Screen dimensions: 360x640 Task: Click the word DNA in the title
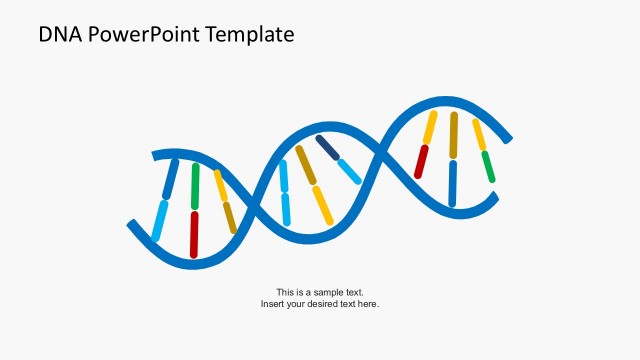pos(59,35)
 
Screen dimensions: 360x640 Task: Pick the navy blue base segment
pos(327,147)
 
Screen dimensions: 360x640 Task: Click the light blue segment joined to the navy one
pos(349,171)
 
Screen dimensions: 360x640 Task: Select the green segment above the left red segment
pos(195,185)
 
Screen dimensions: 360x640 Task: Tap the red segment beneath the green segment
pos(194,234)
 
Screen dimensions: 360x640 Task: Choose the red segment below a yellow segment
pos(421,162)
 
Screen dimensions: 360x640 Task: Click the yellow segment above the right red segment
pos(430,127)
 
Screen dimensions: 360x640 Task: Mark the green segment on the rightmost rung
pos(488,166)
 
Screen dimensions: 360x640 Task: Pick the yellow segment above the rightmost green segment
pos(479,134)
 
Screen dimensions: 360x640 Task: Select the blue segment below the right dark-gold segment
pos(453,182)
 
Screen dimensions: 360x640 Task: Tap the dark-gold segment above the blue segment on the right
pos(454,135)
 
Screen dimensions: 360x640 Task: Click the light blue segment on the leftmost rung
pos(160,220)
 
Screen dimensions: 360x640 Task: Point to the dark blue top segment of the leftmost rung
pos(170,178)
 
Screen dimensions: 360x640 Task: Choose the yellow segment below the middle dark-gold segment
pos(323,205)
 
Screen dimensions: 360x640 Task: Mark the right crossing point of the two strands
pos(379,153)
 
